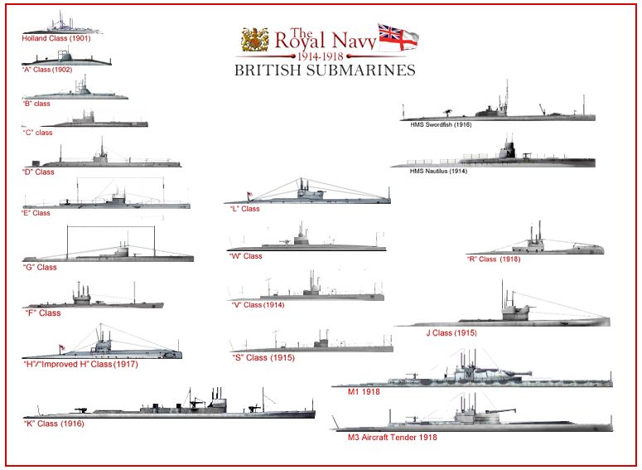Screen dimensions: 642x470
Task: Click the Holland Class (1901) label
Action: tap(56, 38)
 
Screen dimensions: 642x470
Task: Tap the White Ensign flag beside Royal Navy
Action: tap(398, 37)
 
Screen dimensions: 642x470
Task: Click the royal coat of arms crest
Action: tap(255, 40)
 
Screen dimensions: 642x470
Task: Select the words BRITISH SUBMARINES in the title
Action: tap(325, 70)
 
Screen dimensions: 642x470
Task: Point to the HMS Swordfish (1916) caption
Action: tap(441, 124)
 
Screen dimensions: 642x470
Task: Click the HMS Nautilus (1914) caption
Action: tap(438, 171)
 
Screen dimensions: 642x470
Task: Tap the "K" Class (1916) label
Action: tap(54, 424)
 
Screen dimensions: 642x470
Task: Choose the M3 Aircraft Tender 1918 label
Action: tap(393, 437)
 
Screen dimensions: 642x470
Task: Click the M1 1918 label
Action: tap(364, 392)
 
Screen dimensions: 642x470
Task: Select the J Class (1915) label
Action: tap(451, 332)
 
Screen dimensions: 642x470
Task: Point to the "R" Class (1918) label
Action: tap(494, 259)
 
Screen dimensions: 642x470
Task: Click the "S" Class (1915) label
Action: tap(263, 358)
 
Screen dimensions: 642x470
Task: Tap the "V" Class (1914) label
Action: tap(258, 305)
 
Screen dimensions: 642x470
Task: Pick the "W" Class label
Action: tap(245, 256)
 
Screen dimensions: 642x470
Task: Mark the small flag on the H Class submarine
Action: tap(62, 348)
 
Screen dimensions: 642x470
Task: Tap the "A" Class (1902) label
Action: tap(46, 70)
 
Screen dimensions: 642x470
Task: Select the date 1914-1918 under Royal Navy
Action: tap(321, 56)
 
